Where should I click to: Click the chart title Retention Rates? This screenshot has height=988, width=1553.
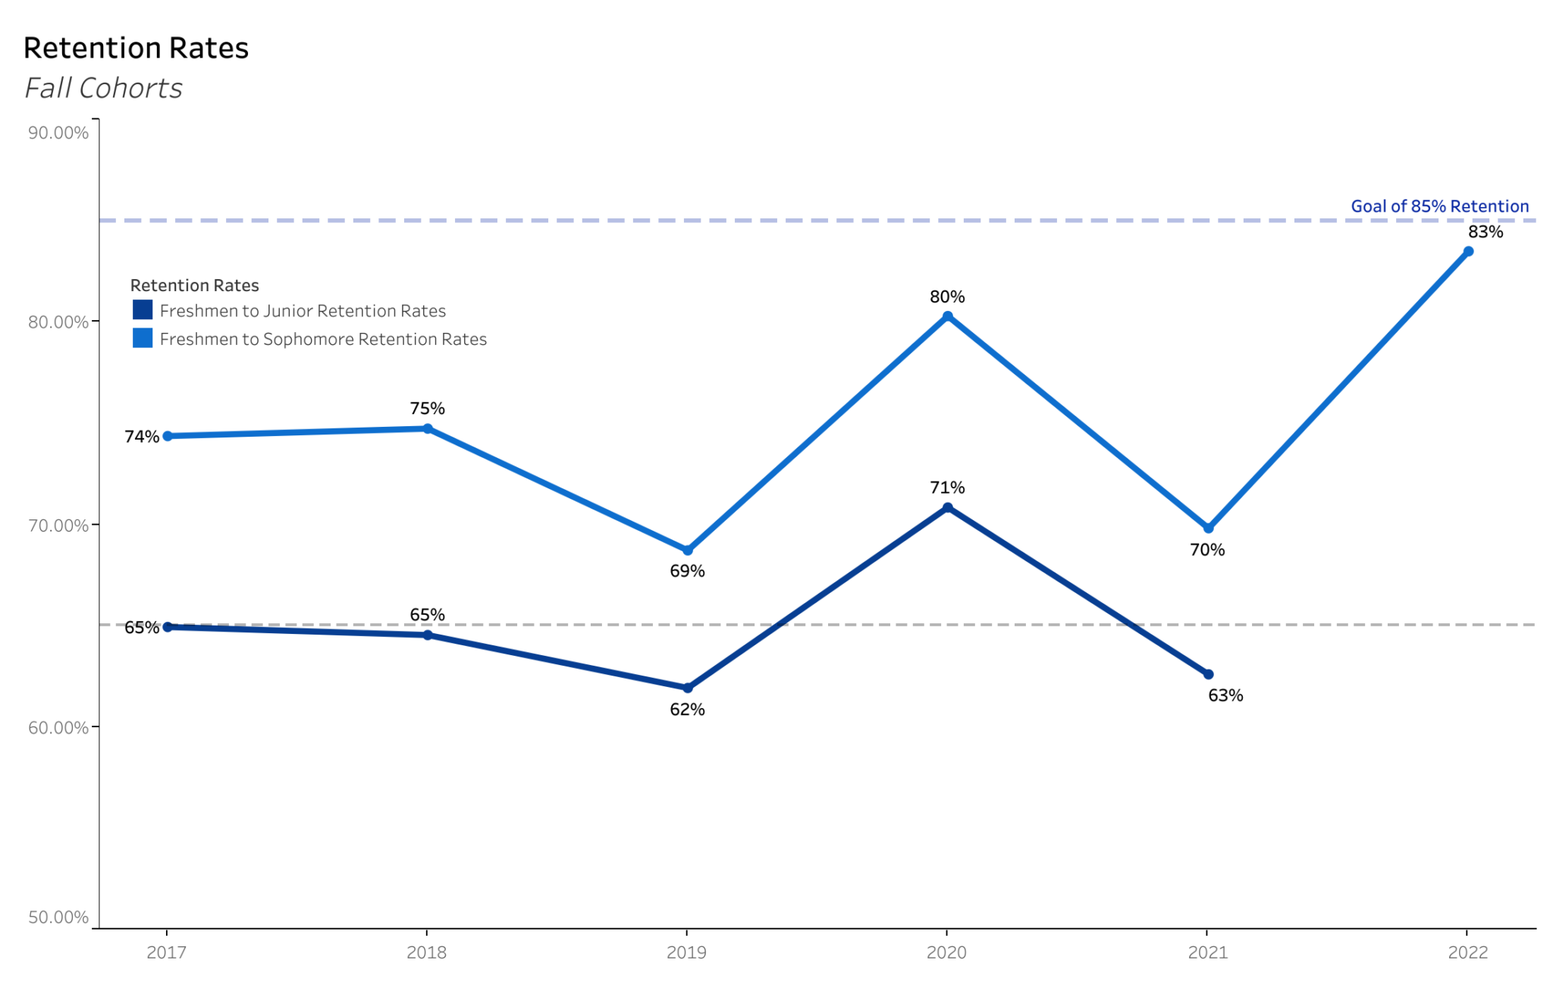136,48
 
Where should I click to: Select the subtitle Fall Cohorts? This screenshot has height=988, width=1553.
103,88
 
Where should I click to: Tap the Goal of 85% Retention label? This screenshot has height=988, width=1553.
1439,206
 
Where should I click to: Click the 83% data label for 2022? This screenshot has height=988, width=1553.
1485,232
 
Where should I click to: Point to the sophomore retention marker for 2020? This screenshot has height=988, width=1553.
947,316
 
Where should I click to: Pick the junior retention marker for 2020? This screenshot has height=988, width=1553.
947,508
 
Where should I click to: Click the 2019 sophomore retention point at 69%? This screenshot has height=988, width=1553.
687,550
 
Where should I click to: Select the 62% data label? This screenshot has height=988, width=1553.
687,710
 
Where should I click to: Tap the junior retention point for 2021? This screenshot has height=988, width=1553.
1208,674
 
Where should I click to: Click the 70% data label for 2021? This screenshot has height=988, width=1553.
1207,550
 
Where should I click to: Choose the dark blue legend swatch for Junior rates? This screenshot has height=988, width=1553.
143,310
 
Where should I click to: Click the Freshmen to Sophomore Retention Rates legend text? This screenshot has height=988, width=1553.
323,339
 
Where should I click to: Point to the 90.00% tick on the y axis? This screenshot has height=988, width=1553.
58,133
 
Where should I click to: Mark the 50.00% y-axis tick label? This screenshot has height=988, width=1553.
58,917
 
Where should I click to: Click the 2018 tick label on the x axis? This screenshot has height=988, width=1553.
426,952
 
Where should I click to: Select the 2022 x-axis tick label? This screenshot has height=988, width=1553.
1467,952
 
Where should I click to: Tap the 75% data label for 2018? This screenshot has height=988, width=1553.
427,409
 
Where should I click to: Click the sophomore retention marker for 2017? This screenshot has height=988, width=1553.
168,436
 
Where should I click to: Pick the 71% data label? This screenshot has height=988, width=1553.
947,488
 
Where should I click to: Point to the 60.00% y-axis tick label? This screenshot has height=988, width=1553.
58,728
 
